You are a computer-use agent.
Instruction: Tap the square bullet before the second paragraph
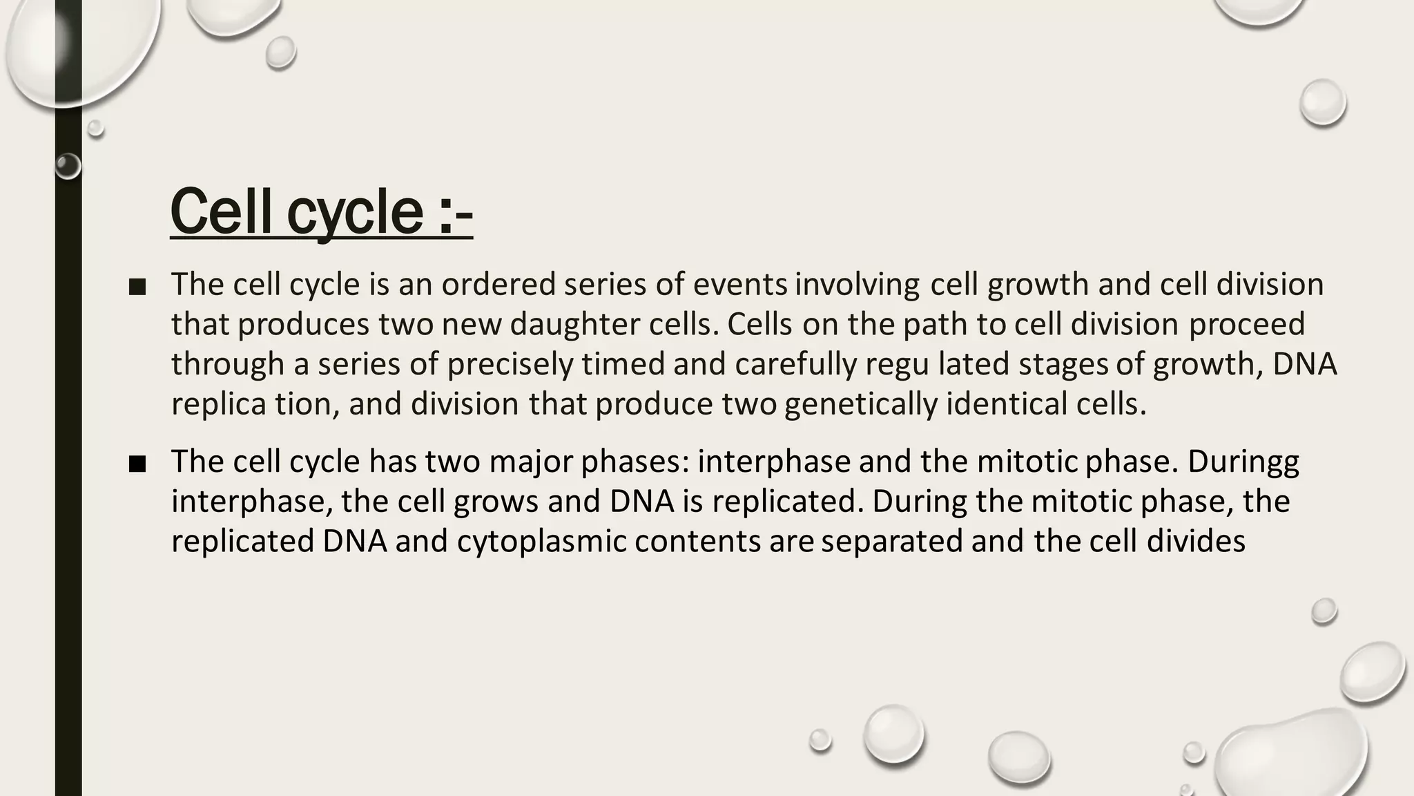point(137,464)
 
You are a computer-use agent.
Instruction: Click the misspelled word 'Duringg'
point(1243,462)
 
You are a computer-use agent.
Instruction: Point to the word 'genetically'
point(860,404)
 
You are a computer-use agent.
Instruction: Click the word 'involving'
point(857,285)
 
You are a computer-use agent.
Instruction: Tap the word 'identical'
point(1006,404)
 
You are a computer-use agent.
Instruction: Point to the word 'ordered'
point(498,284)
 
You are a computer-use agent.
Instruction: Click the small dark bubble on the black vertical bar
point(68,167)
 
